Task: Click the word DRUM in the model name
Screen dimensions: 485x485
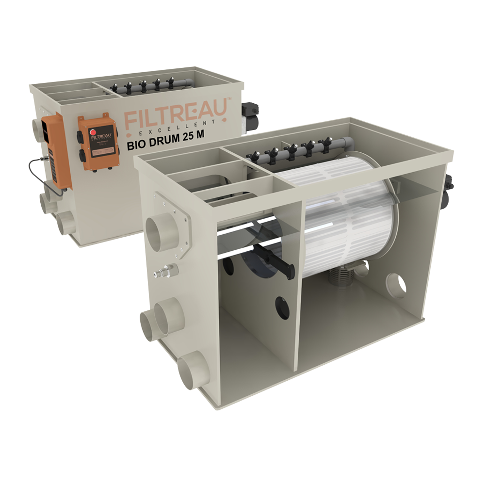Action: [x=164, y=144]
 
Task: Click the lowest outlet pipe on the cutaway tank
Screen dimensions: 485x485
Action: [x=193, y=370]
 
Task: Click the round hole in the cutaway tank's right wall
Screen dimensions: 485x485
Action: [x=395, y=285]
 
